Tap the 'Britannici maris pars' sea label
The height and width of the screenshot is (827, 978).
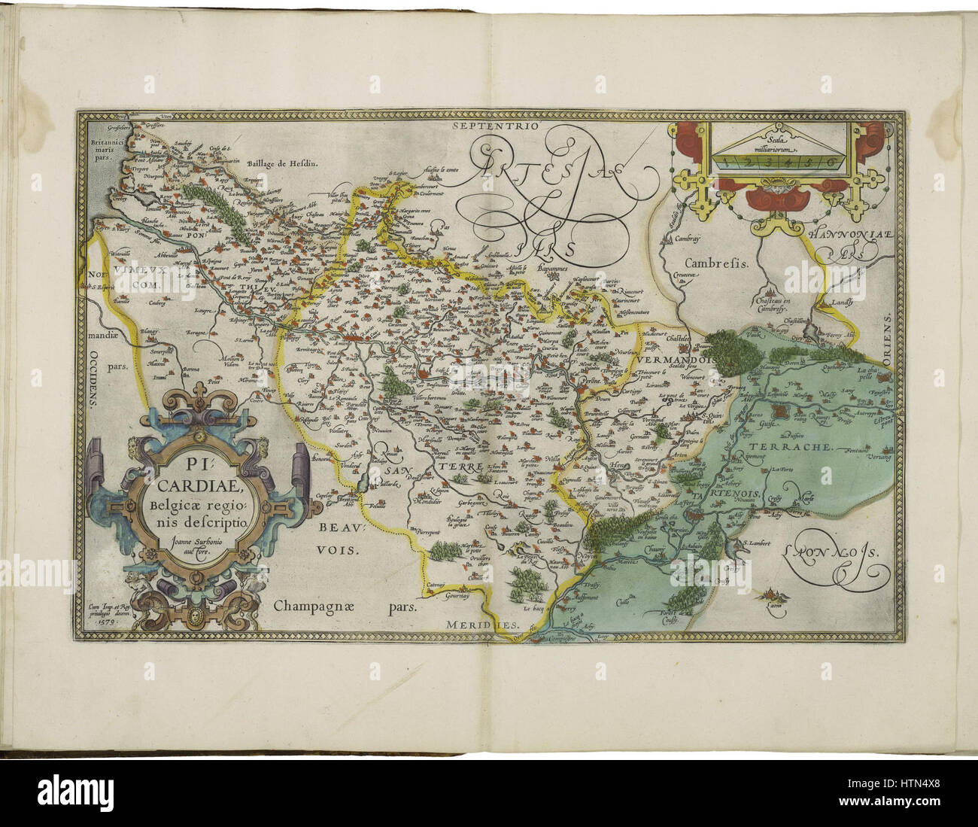point(97,150)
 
